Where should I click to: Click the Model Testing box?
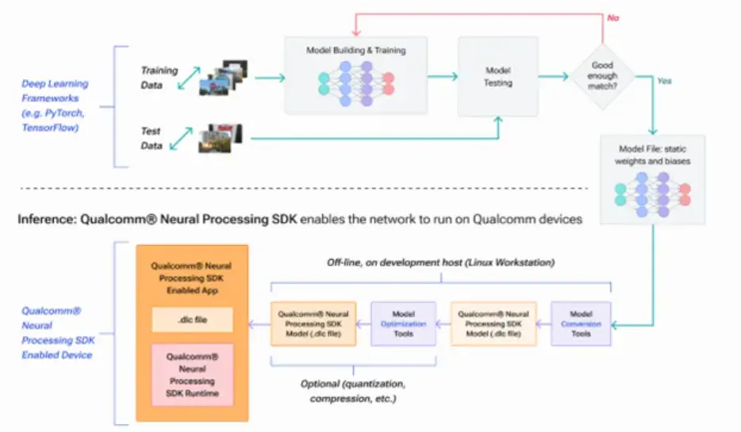click(498, 77)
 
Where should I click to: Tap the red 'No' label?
click(612, 17)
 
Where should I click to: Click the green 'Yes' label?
click(666, 80)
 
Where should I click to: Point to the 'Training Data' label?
click(159, 77)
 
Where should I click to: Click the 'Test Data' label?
click(151, 138)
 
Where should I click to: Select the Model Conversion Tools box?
click(582, 323)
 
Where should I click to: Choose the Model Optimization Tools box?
click(404, 323)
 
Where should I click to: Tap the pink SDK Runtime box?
click(192, 375)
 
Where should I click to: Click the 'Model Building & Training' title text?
click(356, 50)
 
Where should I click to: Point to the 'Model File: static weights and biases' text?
click(654, 155)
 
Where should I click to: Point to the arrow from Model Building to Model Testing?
click(443, 77)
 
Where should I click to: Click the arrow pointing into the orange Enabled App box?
click(259, 323)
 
